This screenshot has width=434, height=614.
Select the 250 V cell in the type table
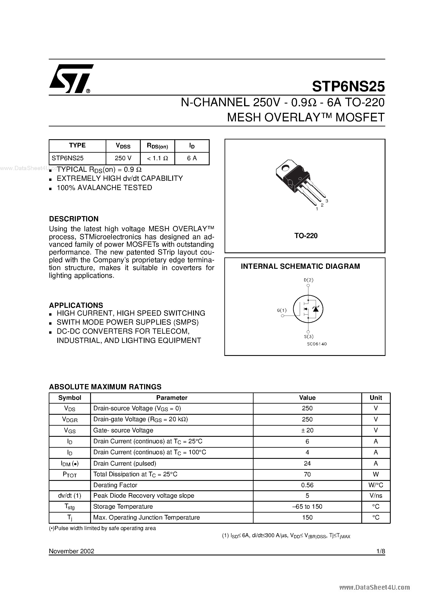[x=123, y=158]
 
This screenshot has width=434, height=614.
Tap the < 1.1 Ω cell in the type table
[x=157, y=158]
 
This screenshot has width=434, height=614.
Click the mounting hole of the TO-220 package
[x=285, y=168]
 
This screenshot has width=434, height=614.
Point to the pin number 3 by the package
[x=327, y=201]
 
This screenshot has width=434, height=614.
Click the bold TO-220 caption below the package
[x=306, y=236]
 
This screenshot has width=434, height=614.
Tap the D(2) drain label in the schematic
[x=309, y=280]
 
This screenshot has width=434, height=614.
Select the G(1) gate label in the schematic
[x=281, y=310]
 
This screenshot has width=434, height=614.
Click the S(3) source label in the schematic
[x=309, y=336]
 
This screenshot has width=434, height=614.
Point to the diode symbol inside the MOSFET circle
[x=316, y=309]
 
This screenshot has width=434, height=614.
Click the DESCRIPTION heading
[x=74, y=219]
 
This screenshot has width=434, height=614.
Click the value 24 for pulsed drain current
[x=307, y=463]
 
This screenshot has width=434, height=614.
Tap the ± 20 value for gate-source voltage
[x=307, y=430]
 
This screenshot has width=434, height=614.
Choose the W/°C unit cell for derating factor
[x=376, y=485]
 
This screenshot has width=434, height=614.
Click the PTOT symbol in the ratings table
[x=70, y=474]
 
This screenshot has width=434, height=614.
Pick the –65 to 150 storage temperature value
[x=307, y=506]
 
